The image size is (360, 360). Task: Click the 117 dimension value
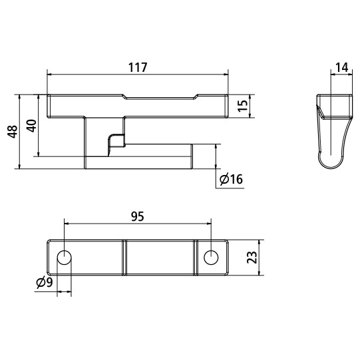(x=137, y=68)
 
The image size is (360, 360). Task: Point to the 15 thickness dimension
(x=243, y=105)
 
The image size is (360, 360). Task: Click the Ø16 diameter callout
(x=230, y=179)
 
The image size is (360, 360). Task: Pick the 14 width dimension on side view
(x=341, y=68)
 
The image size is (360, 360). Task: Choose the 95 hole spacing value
(x=137, y=216)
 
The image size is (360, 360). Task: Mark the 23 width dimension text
(x=252, y=258)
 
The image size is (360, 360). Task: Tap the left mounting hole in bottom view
(x=65, y=257)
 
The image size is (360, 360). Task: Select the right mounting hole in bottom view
(x=211, y=257)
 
